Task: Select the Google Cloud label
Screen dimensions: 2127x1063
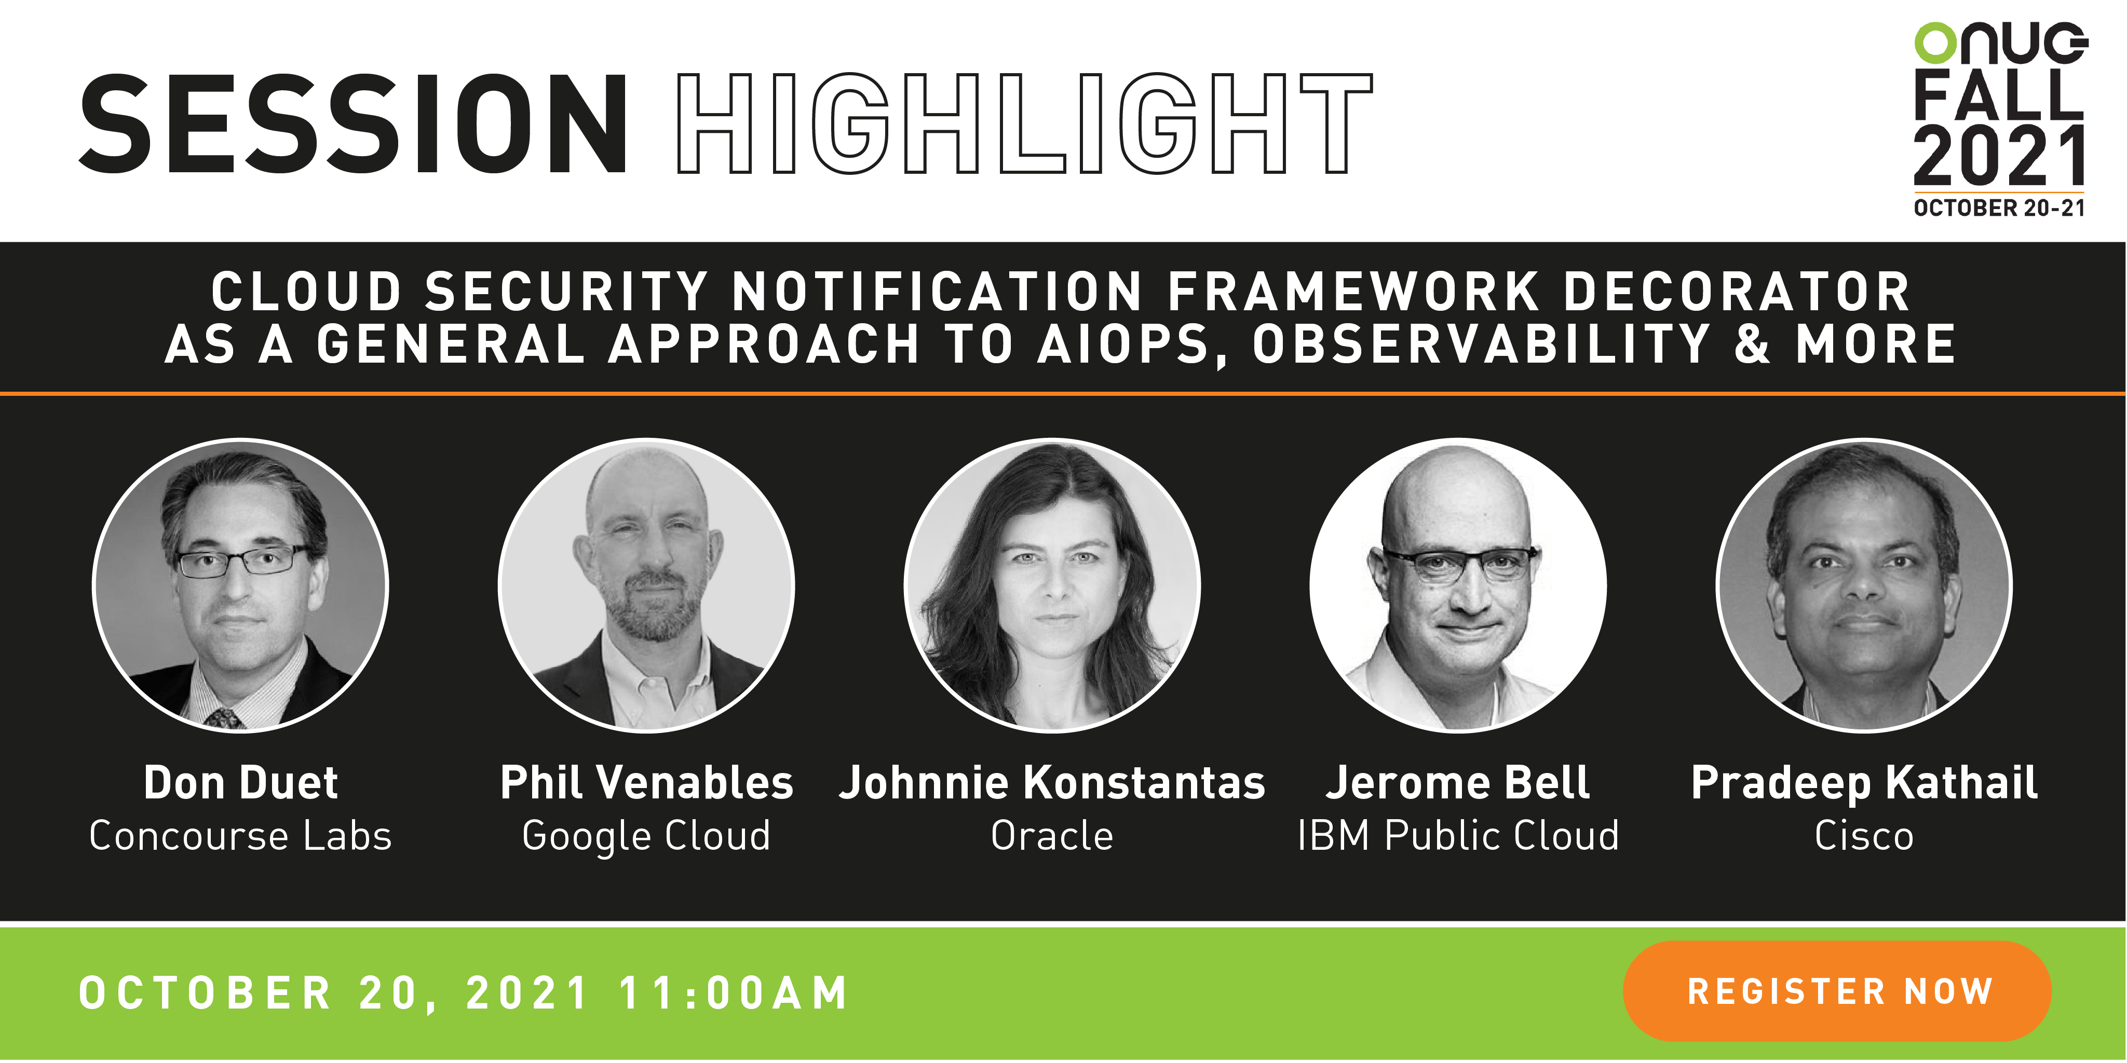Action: tap(646, 837)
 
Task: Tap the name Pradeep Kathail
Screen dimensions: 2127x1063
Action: tap(1864, 784)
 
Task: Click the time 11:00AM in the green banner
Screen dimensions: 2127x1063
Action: tap(733, 993)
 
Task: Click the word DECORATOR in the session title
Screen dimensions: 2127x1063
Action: tap(1737, 292)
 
